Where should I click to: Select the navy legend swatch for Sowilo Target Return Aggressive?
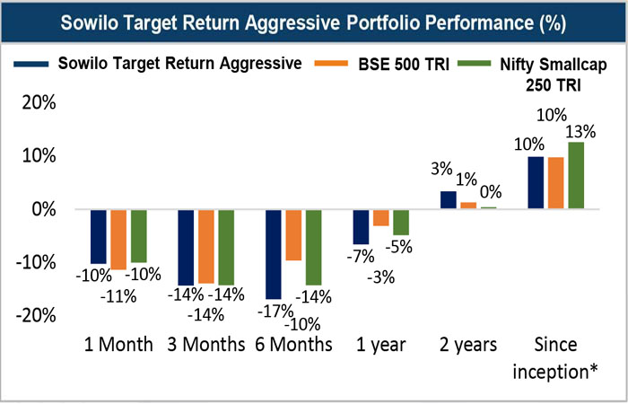(x=31, y=64)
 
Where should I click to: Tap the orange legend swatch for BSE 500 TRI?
(x=340, y=64)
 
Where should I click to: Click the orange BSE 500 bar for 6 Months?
(x=293, y=235)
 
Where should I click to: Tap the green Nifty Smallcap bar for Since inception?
(x=577, y=175)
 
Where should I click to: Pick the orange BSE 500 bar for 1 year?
(x=380, y=217)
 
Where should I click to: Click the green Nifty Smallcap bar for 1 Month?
(x=138, y=236)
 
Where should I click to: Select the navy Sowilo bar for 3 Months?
(x=187, y=247)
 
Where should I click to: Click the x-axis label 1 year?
(x=380, y=345)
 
